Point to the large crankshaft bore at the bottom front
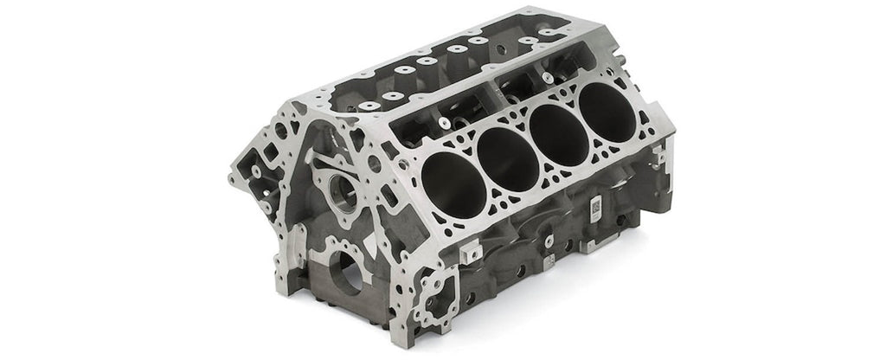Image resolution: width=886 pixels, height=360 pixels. coord(343,275)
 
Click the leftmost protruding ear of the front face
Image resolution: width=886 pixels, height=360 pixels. coord(235,177)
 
